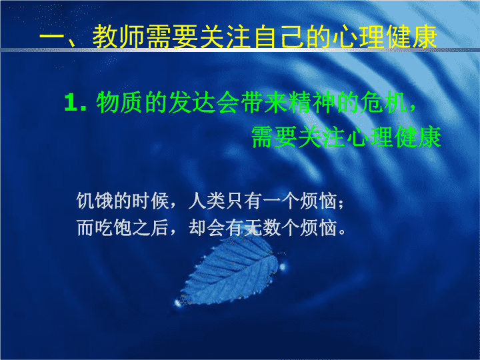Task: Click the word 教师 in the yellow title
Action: (x=118, y=37)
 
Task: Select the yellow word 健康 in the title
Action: (x=411, y=37)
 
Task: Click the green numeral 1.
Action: (x=75, y=103)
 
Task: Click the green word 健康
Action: (x=418, y=137)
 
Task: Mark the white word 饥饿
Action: (x=95, y=201)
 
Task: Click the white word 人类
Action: (x=207, y=201)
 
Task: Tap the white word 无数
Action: (x=263, y=228)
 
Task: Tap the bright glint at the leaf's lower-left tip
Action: (x=177, y=303)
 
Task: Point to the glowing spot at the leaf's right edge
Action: (x=283, y=267)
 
